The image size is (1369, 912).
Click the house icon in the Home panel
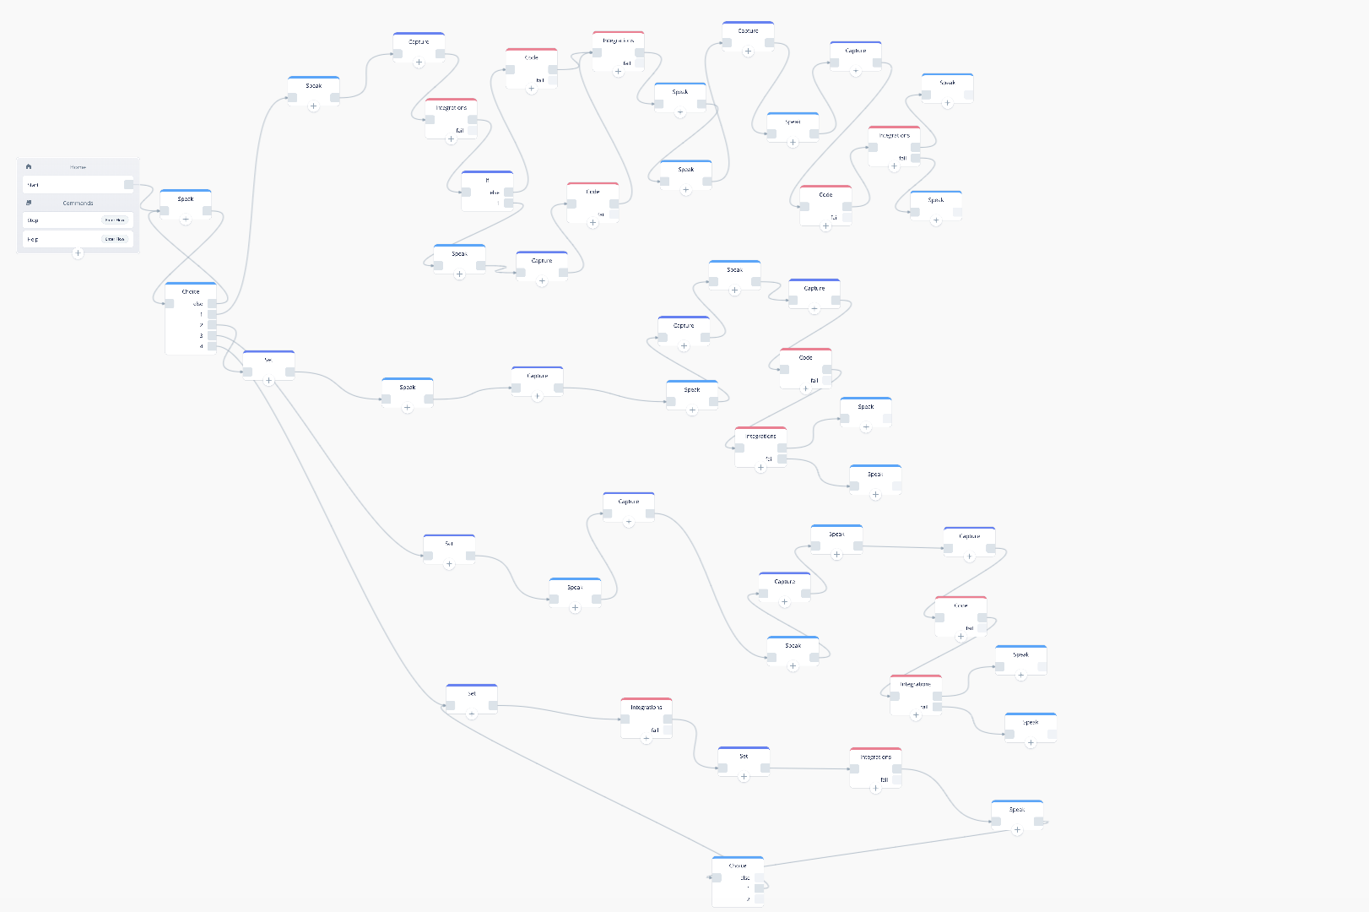(x=29, y=166)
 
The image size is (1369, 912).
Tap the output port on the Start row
(x=128, y=184)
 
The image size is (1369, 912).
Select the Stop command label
(x=33, y=220)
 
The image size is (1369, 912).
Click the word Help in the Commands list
(x=33, y=239)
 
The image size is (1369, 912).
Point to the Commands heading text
(x=78, y=203)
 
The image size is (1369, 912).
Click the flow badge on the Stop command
(x=114, y=220)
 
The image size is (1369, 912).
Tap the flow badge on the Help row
(x=114, y=239)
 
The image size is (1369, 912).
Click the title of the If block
(x=487, y=180)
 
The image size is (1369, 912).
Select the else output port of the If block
(x=508, y=193)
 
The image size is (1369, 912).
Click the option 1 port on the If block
(x=508, y=203)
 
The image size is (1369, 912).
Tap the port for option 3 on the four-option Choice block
(x=212, y=335)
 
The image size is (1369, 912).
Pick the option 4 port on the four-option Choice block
(x=212, y=346)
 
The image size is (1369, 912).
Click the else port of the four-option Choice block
(x=212, y=303)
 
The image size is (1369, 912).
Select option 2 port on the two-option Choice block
(x=760, y=899)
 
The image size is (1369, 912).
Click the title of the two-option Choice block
(x=738, y=866)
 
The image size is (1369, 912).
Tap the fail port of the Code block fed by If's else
(x=552, y=80)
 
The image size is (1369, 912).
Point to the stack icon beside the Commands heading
(x=29, y=203)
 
